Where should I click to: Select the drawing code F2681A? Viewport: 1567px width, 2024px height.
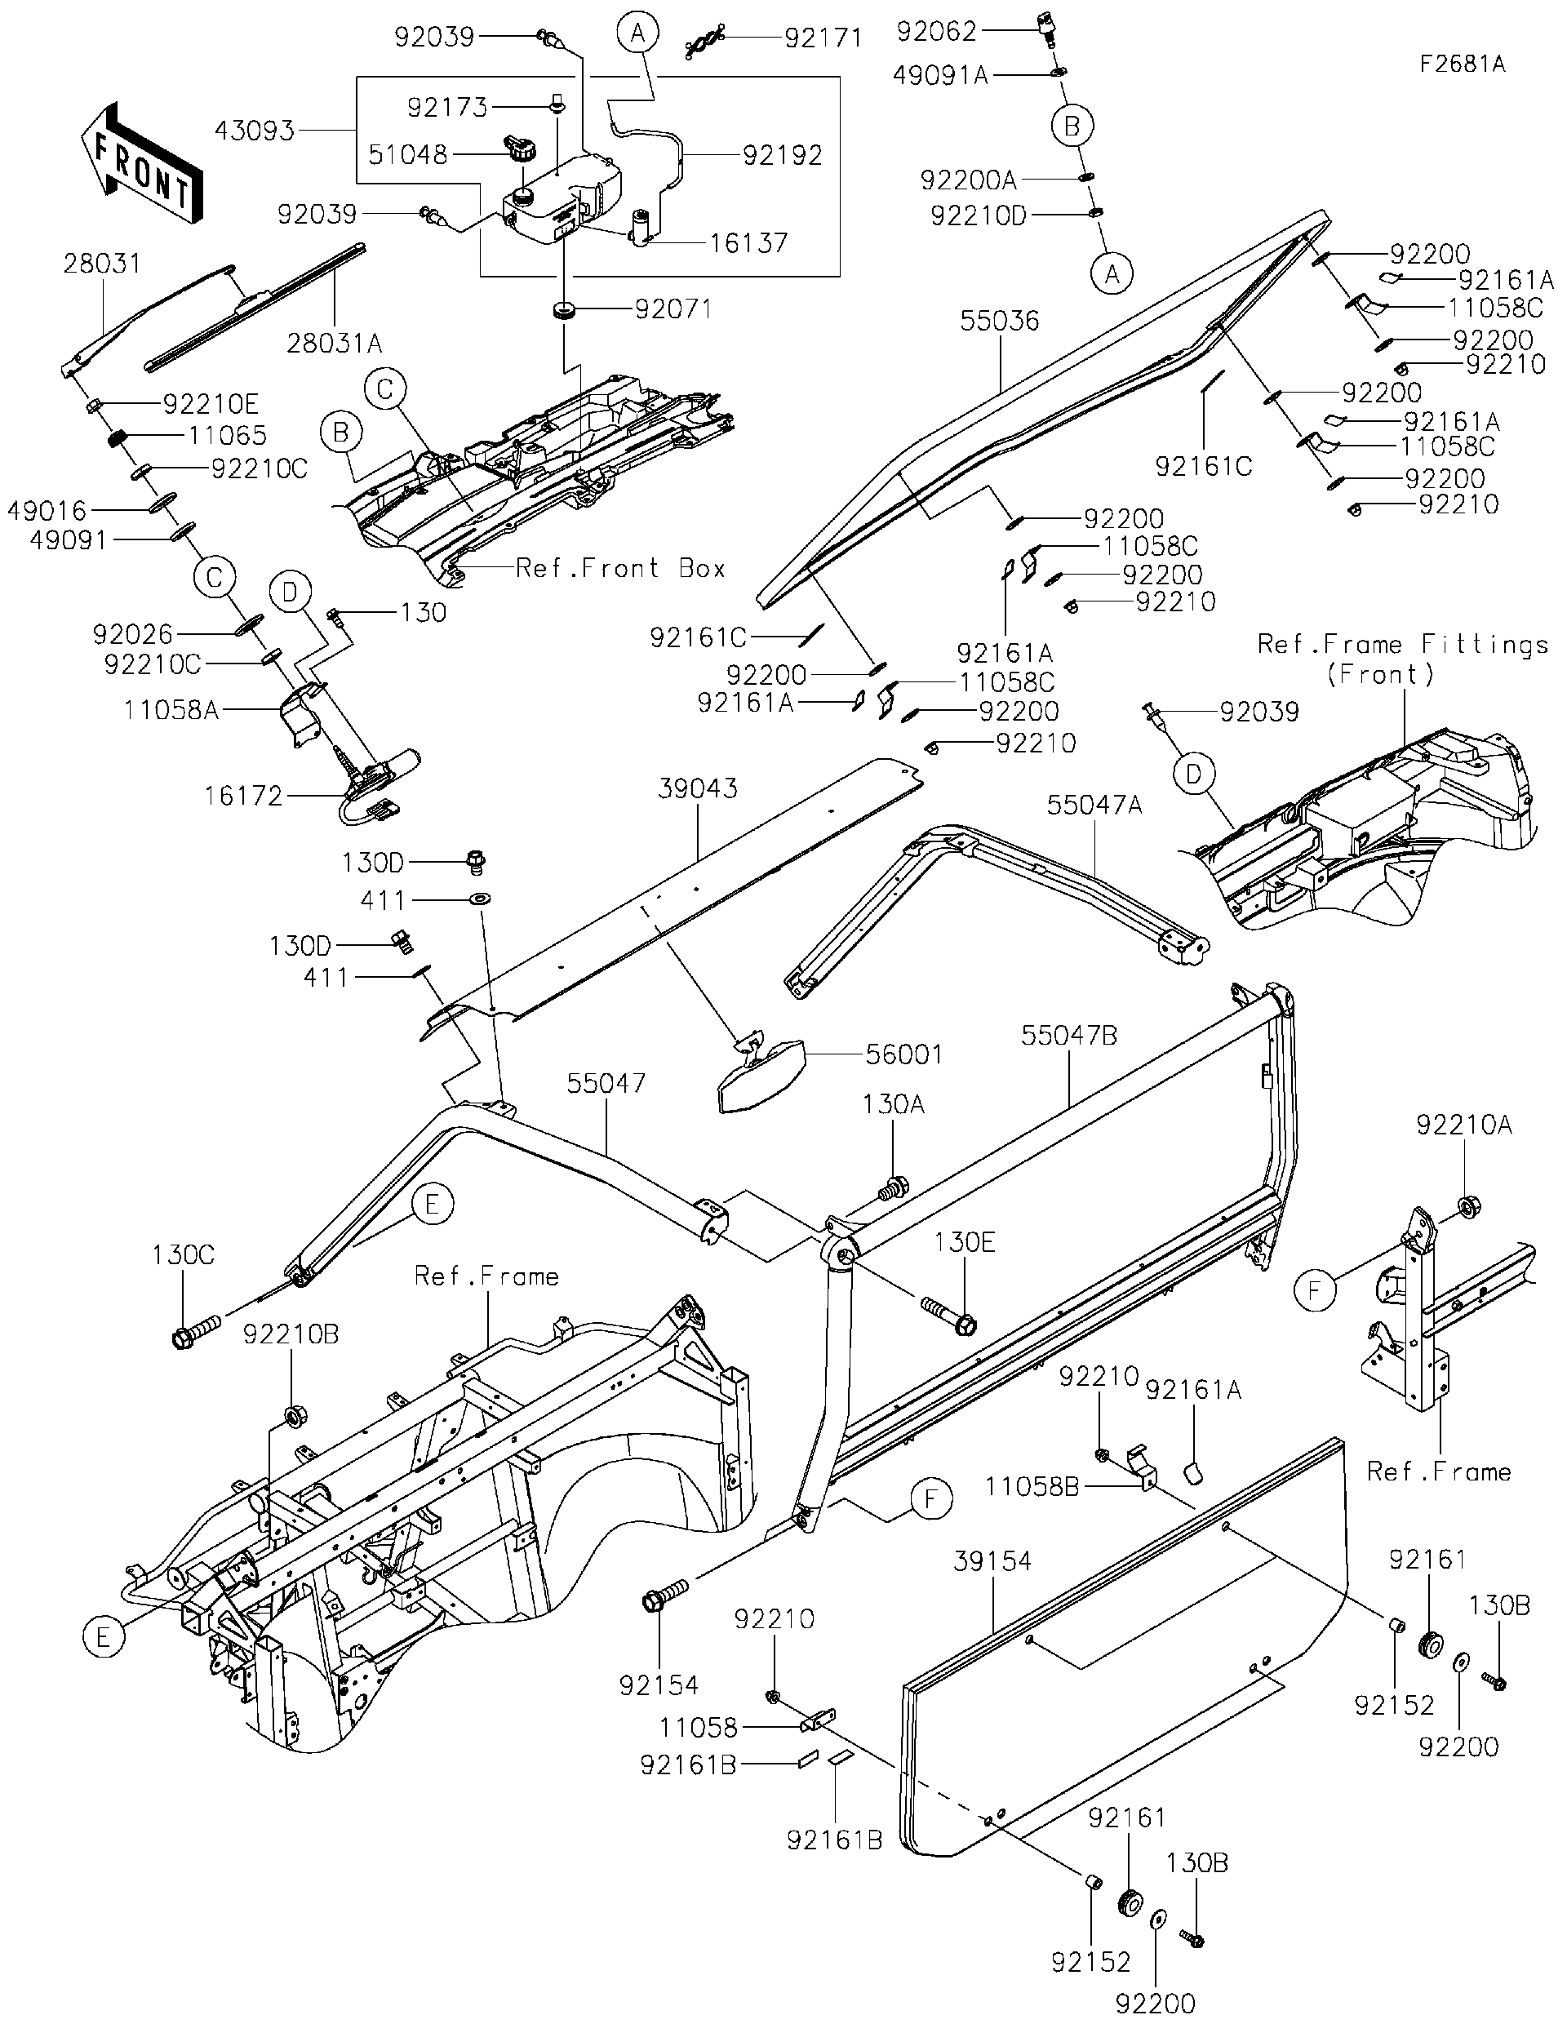pos(1463,64)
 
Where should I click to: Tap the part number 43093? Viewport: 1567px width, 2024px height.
pos(254,131)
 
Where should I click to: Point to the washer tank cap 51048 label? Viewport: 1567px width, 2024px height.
pos(408,155)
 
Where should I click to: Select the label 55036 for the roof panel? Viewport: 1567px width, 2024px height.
pos(999,321)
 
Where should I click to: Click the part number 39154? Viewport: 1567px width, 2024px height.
pos(992,1561)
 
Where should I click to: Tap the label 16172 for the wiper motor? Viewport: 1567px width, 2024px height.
pos(242,796)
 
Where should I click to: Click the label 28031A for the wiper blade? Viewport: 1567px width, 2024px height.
pos(334,344)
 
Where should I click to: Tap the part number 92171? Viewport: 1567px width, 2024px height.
pos(823,38)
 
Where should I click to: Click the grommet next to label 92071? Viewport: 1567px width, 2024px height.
pos(562,309)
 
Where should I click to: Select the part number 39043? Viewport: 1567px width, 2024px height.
pos(698,788)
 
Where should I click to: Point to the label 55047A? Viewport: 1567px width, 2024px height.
pos(1094,806)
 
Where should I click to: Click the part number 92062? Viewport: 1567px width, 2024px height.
pos(936,32)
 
